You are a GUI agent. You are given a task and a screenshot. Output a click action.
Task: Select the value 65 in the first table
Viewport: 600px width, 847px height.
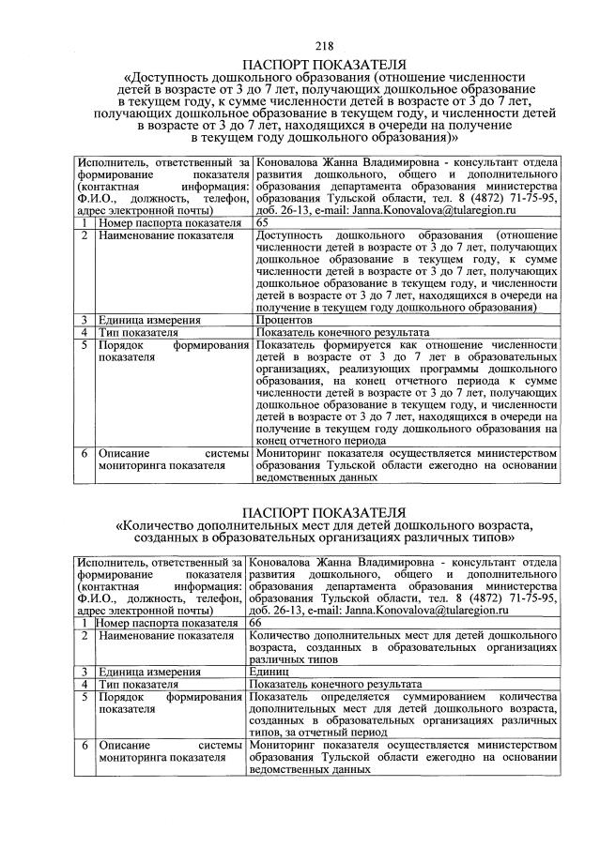coord(262,223)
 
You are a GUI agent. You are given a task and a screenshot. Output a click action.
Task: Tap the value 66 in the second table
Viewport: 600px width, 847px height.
coord(257,622)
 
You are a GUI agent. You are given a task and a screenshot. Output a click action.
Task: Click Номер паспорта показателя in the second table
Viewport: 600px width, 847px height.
coord(166,622)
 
